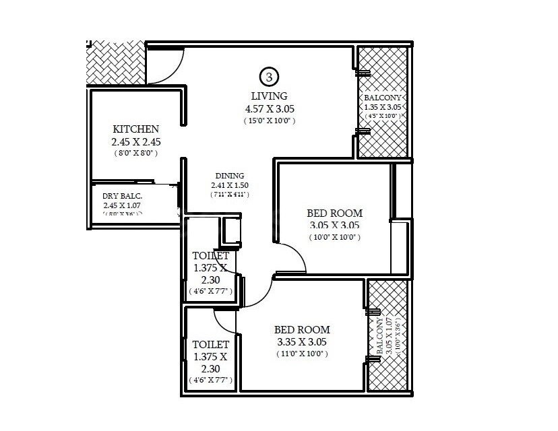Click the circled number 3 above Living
[x=269, y=76]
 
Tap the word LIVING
[x=269, y=96]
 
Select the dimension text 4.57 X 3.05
[x=270, y=108]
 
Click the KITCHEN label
[x=135, y=129]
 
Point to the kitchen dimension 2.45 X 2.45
[x=135, y=142]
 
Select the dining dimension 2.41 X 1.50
[x=229, y=185]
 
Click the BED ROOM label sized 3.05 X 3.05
[x=335, y=213]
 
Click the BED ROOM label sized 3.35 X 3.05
[x=302, y=329]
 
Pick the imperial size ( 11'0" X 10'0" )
[x=302, y=354]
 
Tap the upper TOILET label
[x=210, y=256]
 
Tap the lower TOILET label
[x=210, y=344]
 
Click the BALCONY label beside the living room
[x=383, y=97]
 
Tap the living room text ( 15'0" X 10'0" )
[x=270, y=121]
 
